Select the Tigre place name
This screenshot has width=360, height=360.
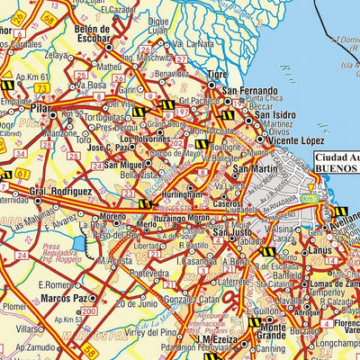[x=216, y=75]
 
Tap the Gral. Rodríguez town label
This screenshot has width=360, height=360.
[x=61, y=191]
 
